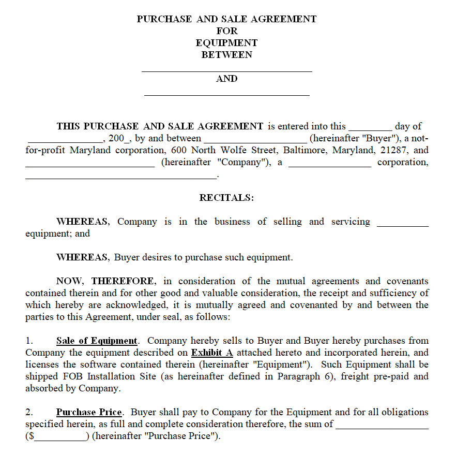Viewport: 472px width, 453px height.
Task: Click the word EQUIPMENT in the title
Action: [x=226, y=43]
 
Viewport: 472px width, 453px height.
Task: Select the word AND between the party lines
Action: [x=226, y=79]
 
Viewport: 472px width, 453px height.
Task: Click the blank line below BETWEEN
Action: [x=226, y=70]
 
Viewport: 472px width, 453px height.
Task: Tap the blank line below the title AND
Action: [x=226, y=95]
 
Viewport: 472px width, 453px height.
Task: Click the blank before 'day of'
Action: [x=370, y=129]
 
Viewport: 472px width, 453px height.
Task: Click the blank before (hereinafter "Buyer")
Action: [x=255, y=141]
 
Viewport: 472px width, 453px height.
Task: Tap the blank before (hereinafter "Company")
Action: [x=89, y=166]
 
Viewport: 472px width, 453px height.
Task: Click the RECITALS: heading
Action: [x=226, y=198]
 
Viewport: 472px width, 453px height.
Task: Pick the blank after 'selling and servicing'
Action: [x=403, y=225]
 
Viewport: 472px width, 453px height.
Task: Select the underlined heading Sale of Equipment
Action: [x=97, y=341]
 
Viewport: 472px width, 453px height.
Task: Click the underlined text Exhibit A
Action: [x=212, y=353]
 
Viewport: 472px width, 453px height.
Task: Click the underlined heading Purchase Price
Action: [x=89, y=412]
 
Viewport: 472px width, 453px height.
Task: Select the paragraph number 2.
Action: [x=29, y=412]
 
